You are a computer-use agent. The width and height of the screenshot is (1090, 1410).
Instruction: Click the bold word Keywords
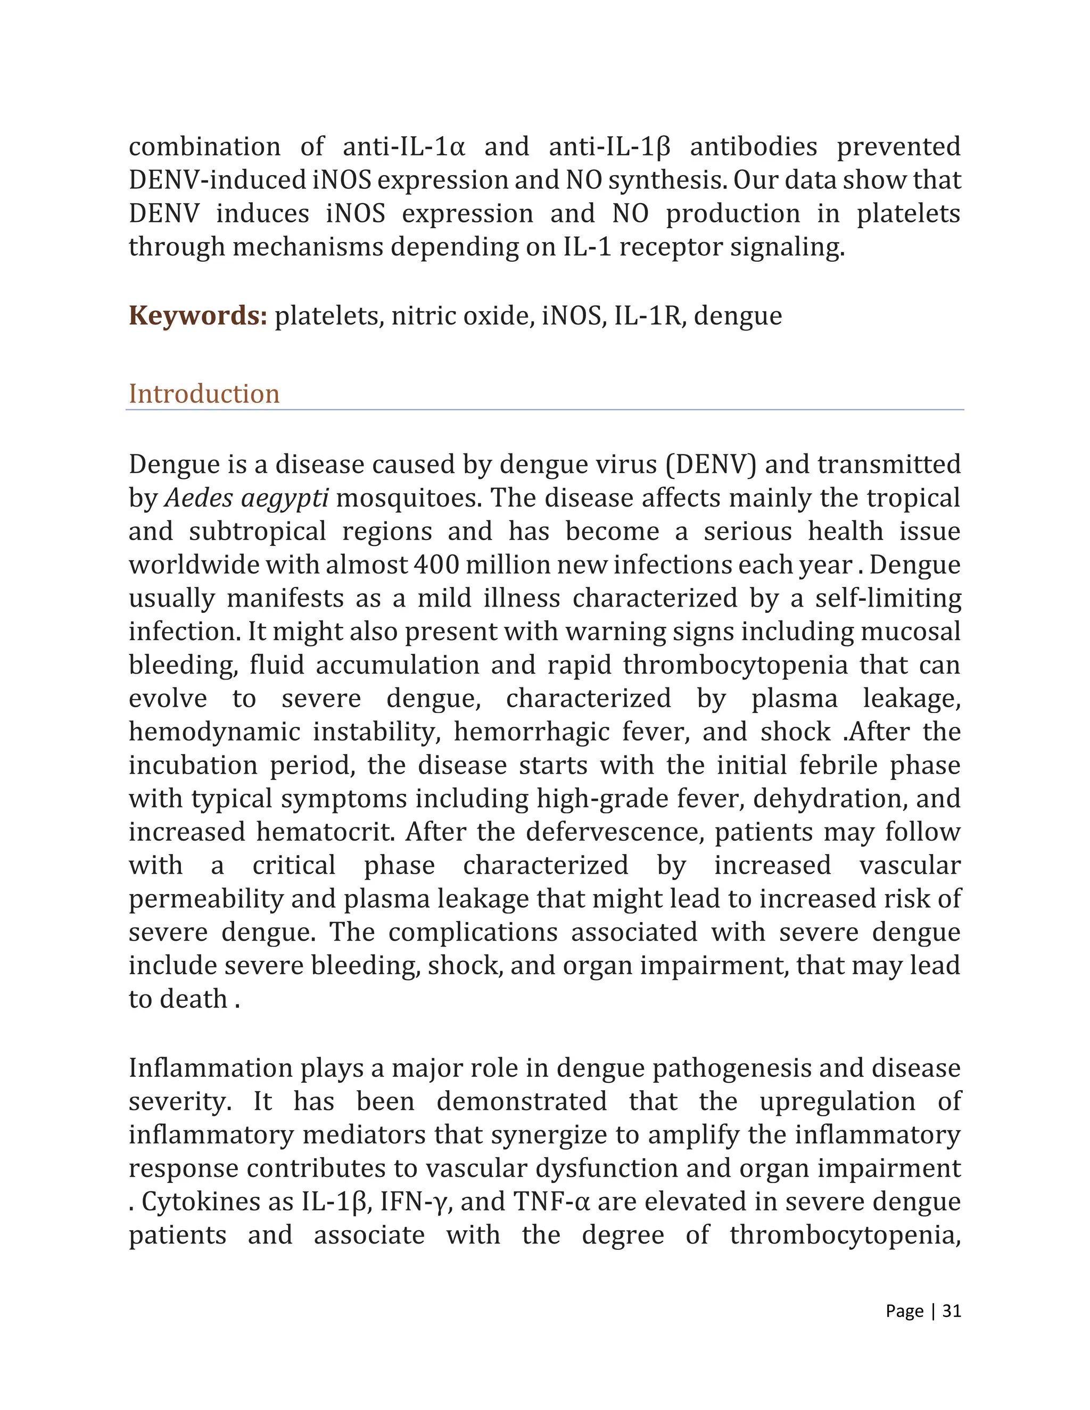tap(197, 316)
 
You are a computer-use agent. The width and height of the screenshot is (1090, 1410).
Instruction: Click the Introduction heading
tap(204, 394)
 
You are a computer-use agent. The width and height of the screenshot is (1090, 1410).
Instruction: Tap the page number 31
tap(952, 1311)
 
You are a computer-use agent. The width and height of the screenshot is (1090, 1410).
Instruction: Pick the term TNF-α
tap(551, 1202)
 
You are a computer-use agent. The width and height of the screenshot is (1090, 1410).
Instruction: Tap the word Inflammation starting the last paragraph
tap(211, 1068)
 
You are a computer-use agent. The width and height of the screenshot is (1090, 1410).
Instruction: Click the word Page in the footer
tap(905, 1311)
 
